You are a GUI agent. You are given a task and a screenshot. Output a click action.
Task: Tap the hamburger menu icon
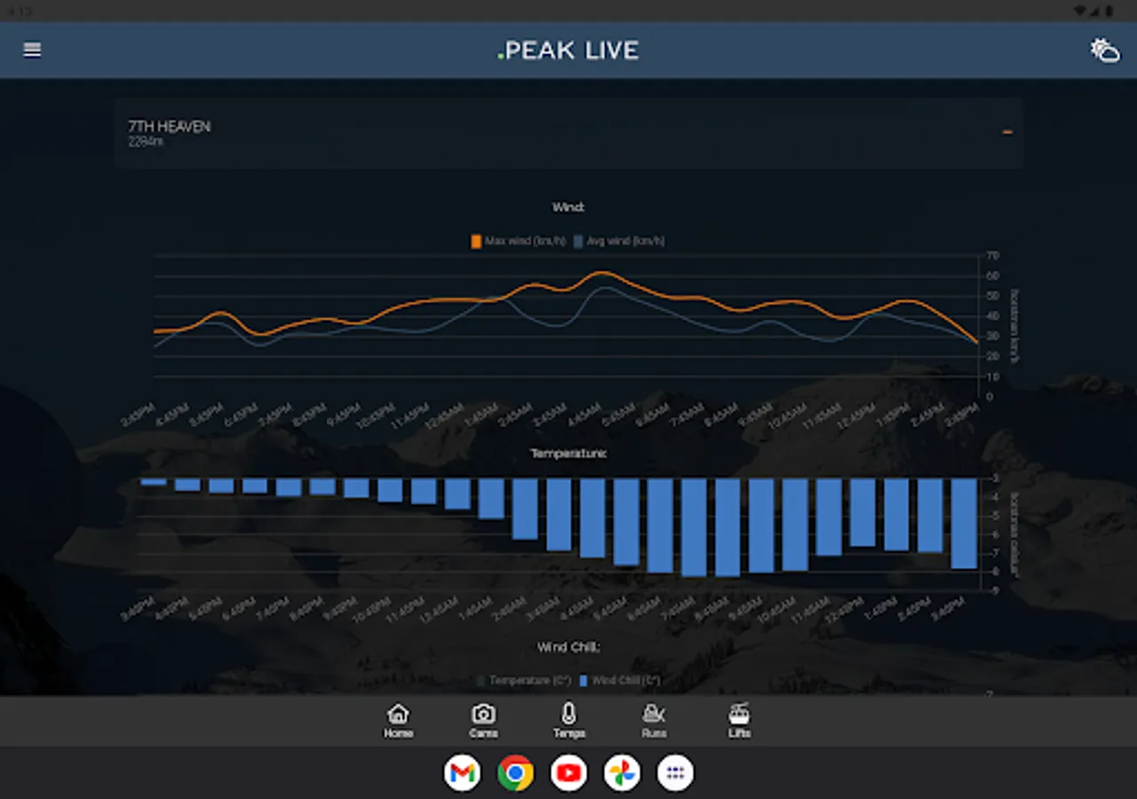32,51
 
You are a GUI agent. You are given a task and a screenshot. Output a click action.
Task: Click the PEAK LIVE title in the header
568,51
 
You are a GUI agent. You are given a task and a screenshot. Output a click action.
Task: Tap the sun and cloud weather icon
1104,51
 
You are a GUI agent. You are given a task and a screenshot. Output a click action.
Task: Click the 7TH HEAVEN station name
170,127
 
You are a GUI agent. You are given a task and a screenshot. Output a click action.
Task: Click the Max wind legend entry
519,241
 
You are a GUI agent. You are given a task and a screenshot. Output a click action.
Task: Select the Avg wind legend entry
619,241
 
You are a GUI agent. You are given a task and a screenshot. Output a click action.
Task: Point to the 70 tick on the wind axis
993,256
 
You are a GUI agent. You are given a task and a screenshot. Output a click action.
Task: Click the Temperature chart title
568,454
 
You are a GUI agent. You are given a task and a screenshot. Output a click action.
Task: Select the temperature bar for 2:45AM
525,509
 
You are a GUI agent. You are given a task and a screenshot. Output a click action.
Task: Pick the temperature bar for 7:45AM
694,527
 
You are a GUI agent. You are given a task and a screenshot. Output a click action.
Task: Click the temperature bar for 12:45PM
863,512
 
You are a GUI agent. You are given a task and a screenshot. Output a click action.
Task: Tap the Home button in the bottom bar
398,720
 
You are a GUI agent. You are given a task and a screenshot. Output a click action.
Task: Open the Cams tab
483,720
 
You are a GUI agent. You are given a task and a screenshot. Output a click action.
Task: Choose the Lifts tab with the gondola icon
739,720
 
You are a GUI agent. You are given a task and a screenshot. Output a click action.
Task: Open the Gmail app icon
462,773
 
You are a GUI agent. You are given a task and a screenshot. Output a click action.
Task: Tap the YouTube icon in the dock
568,773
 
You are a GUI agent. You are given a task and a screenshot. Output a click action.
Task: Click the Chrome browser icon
515,773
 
